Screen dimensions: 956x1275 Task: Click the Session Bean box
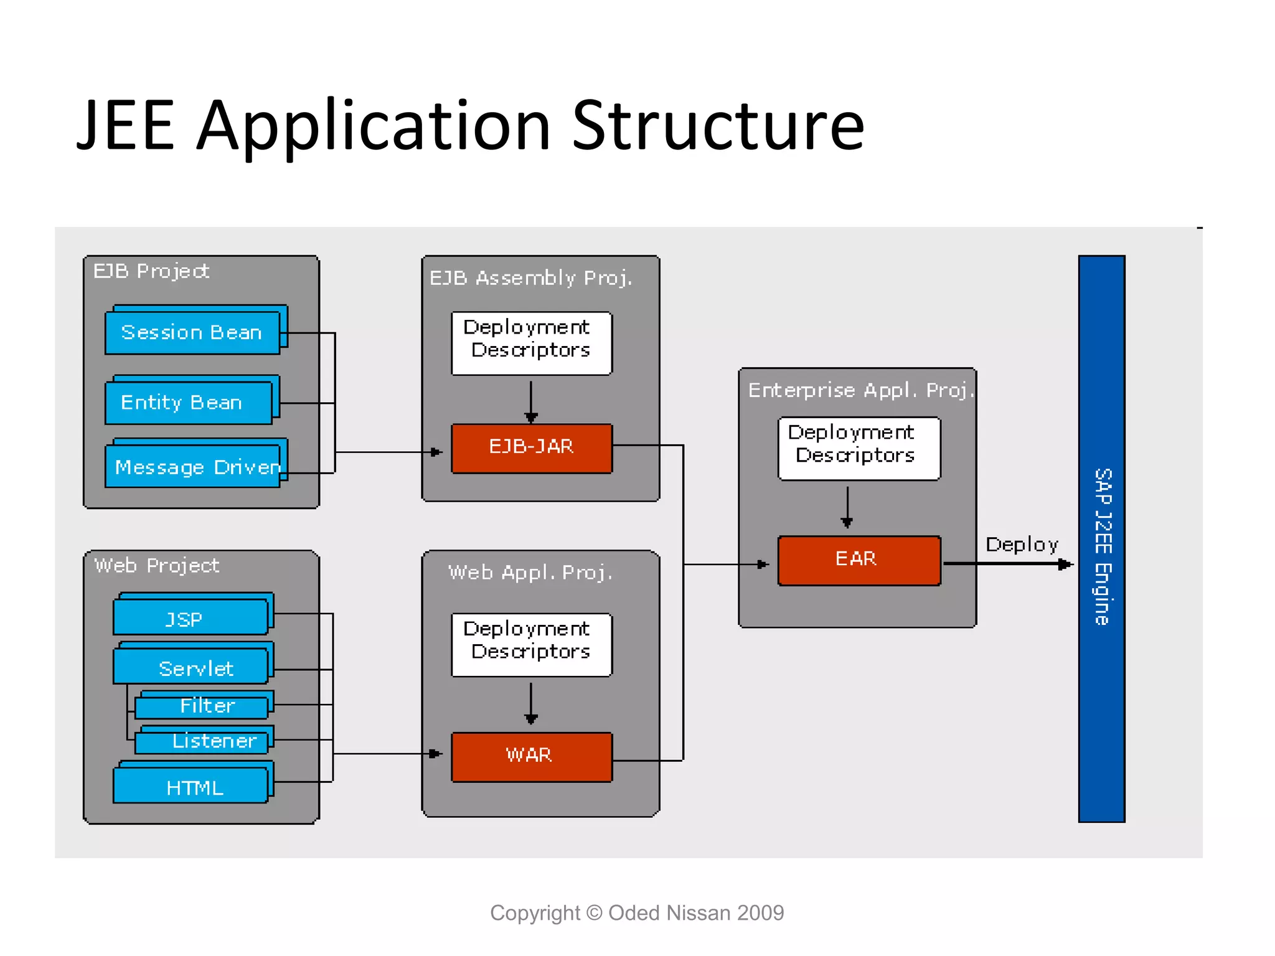[192, 332]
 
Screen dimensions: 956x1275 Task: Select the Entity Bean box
[188, 403]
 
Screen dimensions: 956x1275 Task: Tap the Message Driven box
[192, 467]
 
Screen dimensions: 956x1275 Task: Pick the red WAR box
[531, 756]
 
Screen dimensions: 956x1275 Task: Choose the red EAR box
[859, 560]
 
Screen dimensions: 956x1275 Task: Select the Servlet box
[190, 667]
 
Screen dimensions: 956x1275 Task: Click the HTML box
[190, 786]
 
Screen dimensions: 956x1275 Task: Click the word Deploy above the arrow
[1022, 545]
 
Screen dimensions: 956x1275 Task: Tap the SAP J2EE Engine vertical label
[1102, 546]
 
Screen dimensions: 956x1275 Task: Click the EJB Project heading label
[151, 271]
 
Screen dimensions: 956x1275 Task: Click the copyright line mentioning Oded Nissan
[636, 912]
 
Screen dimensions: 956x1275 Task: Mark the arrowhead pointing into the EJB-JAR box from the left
[437, 452]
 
